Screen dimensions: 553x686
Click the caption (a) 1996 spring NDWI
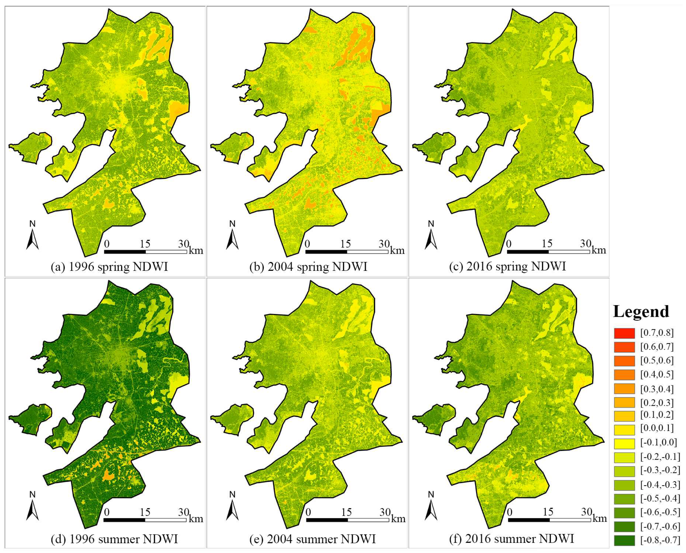pos(109,267)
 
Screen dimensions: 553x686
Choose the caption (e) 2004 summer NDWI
pos(312,539)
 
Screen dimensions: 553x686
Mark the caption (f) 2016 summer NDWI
pos(511,539)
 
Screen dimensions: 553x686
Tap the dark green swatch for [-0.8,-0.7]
pos(624,540)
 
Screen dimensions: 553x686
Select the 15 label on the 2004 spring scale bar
pos(345,244)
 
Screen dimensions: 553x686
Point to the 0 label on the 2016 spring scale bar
pos(509,244)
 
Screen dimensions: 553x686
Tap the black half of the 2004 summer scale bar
pos(327,520)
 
